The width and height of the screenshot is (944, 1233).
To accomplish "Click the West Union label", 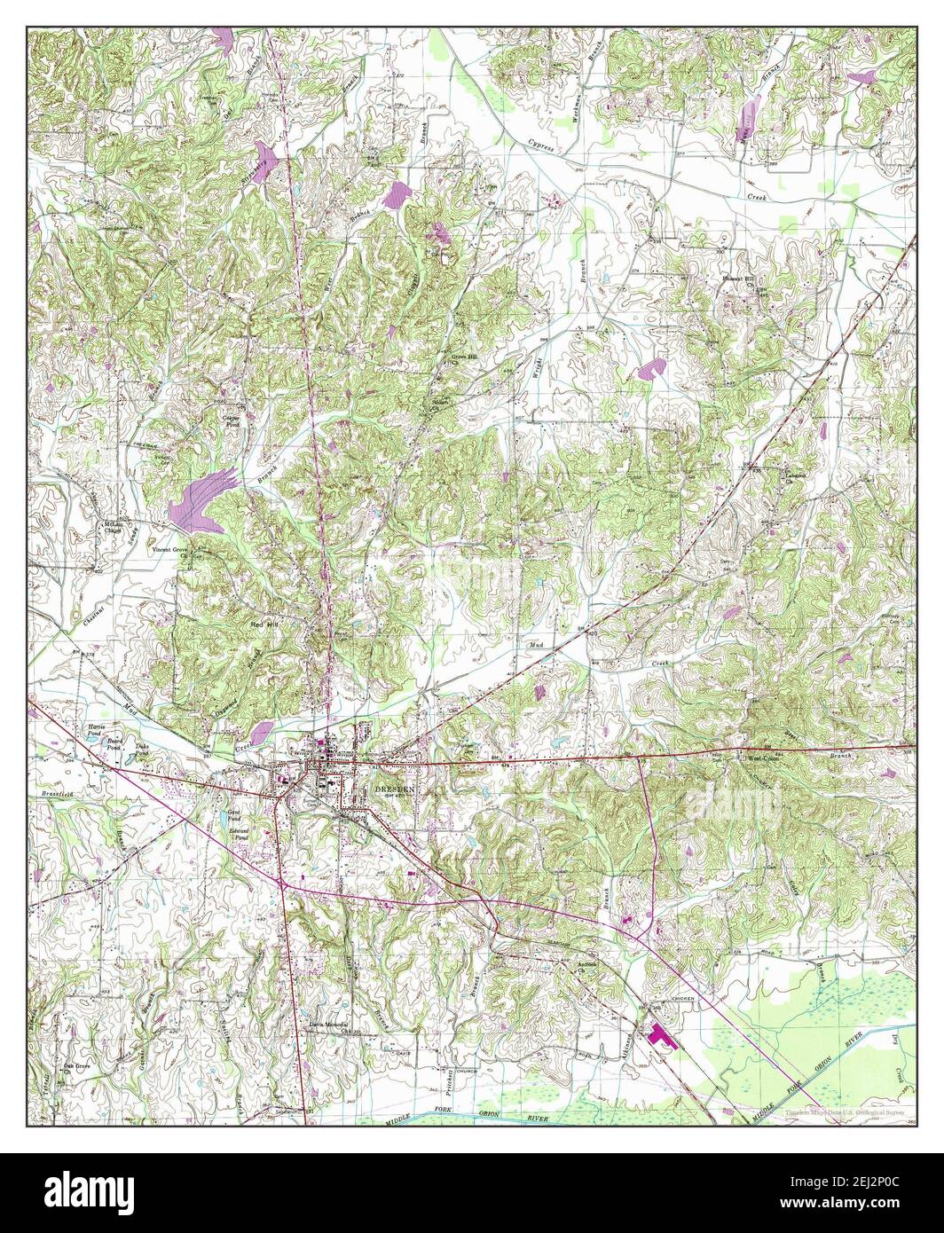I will pos(764,759).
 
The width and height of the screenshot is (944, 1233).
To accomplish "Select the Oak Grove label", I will pos(76,1066).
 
